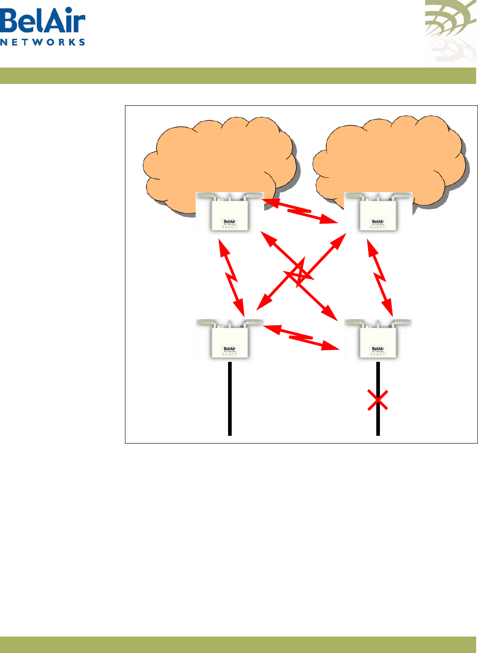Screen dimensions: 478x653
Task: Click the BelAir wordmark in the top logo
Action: tap(42, 21)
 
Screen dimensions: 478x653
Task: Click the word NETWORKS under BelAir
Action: tap(42, 42)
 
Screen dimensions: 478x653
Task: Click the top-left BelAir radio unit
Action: tap(230, 213)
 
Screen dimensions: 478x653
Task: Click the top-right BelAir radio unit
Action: tap(378, 213)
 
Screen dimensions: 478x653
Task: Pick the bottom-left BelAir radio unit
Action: tap(230, 340)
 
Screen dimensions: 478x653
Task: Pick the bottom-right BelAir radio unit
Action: tap(378, 340)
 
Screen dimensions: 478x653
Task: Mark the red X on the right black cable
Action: tap(378, 400)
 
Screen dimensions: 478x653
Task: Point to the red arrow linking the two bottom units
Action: tap(301, 338)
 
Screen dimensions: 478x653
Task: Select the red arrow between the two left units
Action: tap(232, 277)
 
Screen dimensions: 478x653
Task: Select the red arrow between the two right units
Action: tap(380, 277)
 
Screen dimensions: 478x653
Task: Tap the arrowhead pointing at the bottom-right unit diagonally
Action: tap(330, 313)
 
